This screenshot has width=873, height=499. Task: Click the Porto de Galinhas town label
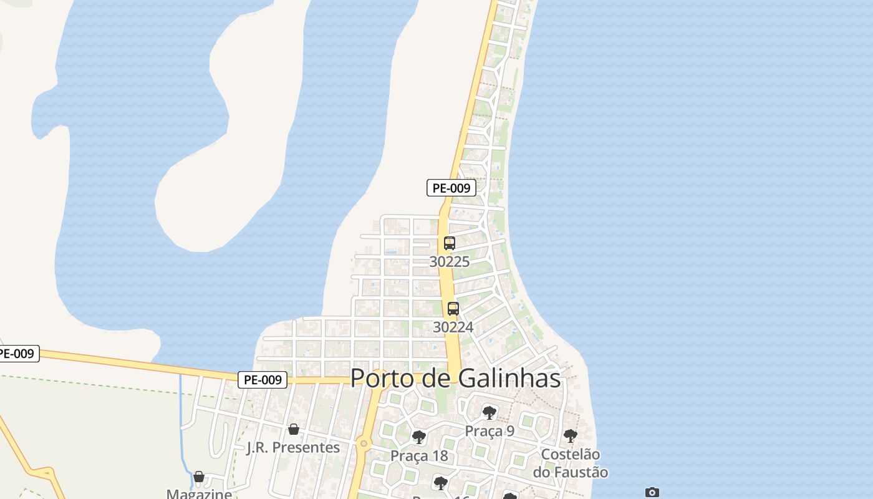pos(455,378)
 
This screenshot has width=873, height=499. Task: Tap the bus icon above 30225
pos(450,243)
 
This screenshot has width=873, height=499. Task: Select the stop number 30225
pos(449,261)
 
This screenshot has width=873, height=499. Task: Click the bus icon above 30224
pos(453,309)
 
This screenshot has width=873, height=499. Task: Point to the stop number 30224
pos(453,327)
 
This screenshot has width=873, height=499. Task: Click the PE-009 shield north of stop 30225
pos(451,188)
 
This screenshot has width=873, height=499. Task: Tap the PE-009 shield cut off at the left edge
pos(17,354)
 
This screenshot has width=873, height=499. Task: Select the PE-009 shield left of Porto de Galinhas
pos(263,379)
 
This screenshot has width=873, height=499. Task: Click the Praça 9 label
pos(490,431)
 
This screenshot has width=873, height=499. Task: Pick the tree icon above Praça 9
pos(490,412)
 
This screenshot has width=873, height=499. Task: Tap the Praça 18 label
pos(419,456)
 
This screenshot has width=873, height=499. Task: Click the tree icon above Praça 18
pos(419,437)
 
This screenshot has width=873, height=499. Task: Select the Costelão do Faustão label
pos(570,463)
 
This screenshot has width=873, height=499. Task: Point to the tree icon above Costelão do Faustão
pos(570,435)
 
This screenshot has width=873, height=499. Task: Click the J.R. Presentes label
pos(293,448)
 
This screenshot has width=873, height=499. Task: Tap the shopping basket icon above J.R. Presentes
pos(294,429)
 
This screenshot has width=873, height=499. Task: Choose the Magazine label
pos(199,494)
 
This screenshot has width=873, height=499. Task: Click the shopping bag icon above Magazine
pos(199,477)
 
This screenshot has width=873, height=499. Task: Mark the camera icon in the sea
pos(652,493)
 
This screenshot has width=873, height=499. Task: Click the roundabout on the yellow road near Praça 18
pos(364,443)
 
